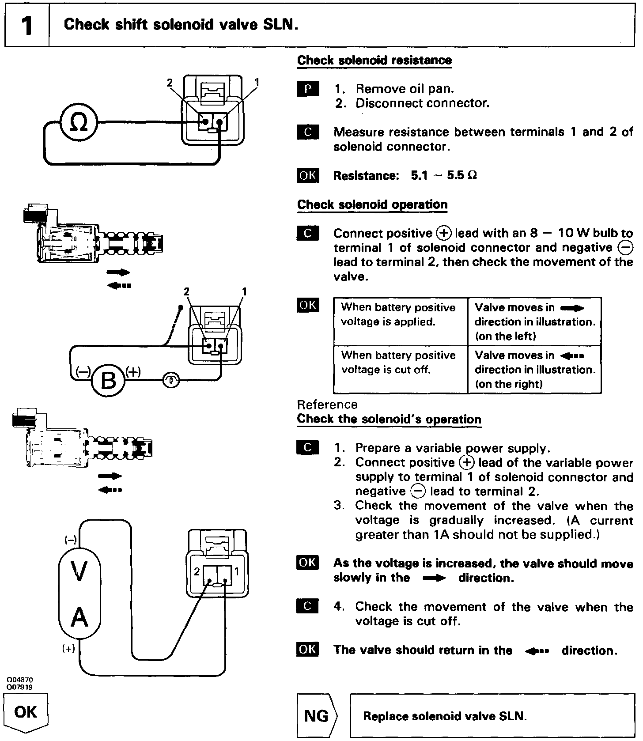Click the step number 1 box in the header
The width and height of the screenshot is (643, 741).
(x=26, y=25)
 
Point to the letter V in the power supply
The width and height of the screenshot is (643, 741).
(x=79, y=571)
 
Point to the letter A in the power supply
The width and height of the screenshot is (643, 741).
(x=79, y=617)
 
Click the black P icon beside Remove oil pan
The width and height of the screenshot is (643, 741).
(x=308, y=89)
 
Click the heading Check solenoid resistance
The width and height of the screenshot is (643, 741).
(x=374, y=60)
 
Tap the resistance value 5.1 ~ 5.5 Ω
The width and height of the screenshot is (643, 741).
(x=444, y=176)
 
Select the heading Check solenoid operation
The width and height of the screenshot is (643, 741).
(x=372, y=204)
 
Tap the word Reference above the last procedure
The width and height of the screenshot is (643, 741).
(x=327, y=405)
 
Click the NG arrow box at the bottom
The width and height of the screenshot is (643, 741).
(x=317, y=715)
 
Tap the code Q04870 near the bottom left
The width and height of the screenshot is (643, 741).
(x=19, y=680)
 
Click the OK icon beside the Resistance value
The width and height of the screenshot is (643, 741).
(x=308, y=175)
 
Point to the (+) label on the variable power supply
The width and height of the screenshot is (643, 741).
(x=68, y=649)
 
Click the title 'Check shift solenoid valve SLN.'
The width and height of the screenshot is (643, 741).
(x=181, y=25)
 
